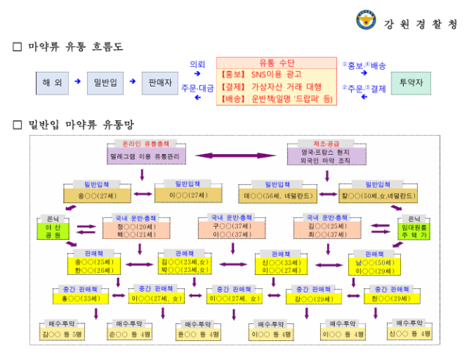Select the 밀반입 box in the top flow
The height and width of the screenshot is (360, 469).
click(107, 83)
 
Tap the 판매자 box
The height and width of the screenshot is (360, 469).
click(160, 83)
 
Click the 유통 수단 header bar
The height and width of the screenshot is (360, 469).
click(276, 63)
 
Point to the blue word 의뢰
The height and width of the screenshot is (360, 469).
click(198, 65)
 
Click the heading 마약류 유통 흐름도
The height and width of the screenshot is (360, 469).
click(76, 47)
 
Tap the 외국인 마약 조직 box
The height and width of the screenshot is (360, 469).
click(329, 156)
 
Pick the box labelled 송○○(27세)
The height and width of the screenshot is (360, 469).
click(97, 196)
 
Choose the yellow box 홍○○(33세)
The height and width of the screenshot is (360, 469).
click(81, 298)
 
